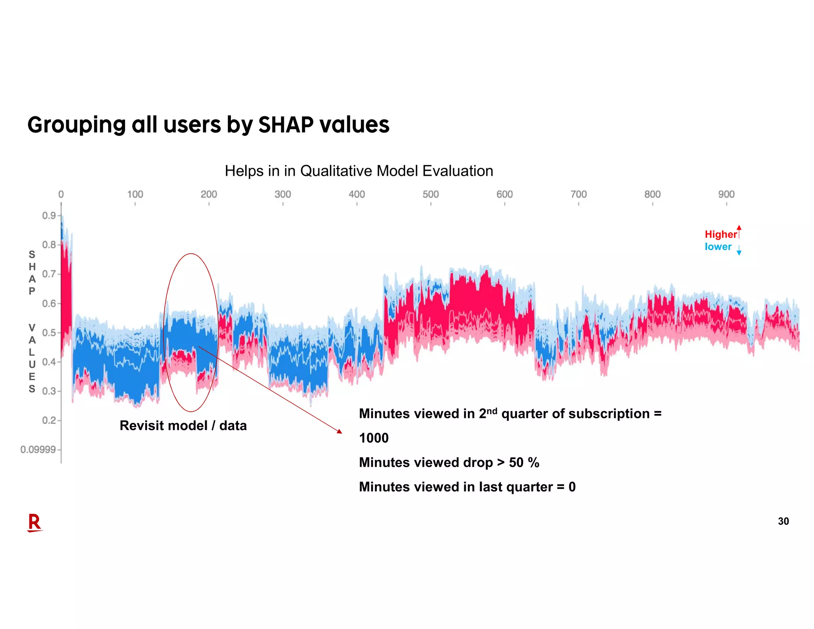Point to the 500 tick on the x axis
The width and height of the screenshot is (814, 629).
tap(430, 194)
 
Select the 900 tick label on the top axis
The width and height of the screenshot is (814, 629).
tap(726, 194)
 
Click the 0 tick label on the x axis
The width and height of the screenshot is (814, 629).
tap(61, 194)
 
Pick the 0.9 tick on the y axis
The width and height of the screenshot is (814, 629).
tap(49, 215)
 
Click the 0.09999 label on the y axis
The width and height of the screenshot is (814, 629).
tap(38, 450)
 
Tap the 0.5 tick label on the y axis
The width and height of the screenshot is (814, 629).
tap(49, 333)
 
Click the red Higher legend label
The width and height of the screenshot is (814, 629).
tap(721, 235)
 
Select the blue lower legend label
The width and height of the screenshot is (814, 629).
tap(718, 247)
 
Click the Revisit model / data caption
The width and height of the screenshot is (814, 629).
tap(183, 426)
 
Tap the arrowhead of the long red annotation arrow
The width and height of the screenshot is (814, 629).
tap(339, 431)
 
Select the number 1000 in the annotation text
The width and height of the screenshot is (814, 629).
tap(374, 438)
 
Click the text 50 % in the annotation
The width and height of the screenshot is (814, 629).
tap(524, 463)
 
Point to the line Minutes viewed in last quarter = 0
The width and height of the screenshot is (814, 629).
tap(467, 487)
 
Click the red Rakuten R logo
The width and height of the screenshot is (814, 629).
tap(35, 522)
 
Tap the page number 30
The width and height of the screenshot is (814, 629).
tap(783, 521)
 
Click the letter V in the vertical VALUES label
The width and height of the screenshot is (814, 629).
tap(32, 328)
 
